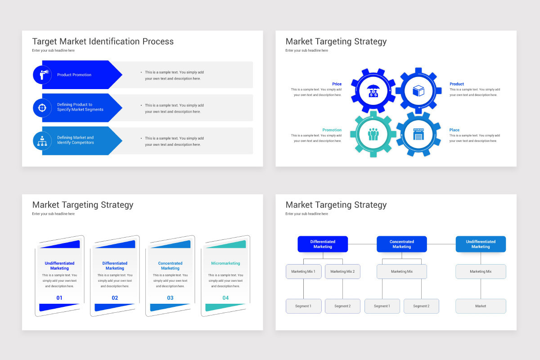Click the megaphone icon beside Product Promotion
pos(42,75)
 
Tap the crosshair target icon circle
pos(42,108)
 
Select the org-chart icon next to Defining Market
pos(42,140)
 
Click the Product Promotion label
pos(74,75)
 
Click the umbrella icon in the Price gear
pos(373,90)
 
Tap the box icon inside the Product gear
pos(418,90)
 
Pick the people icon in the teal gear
pos(373,134)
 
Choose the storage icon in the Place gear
pos(418,134)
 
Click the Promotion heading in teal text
pos(332,130)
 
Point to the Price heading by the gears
pos(337,84)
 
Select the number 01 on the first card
pos(59,298)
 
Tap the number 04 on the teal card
pos(225,298)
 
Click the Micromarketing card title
pos(225,263)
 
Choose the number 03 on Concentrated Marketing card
pos(170,298)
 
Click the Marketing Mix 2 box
pos(342,272)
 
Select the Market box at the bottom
pos(481,306)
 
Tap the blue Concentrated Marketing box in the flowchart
pos(401,244)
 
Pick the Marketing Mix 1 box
pos(303,272)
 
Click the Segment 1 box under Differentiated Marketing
pos(303,306)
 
